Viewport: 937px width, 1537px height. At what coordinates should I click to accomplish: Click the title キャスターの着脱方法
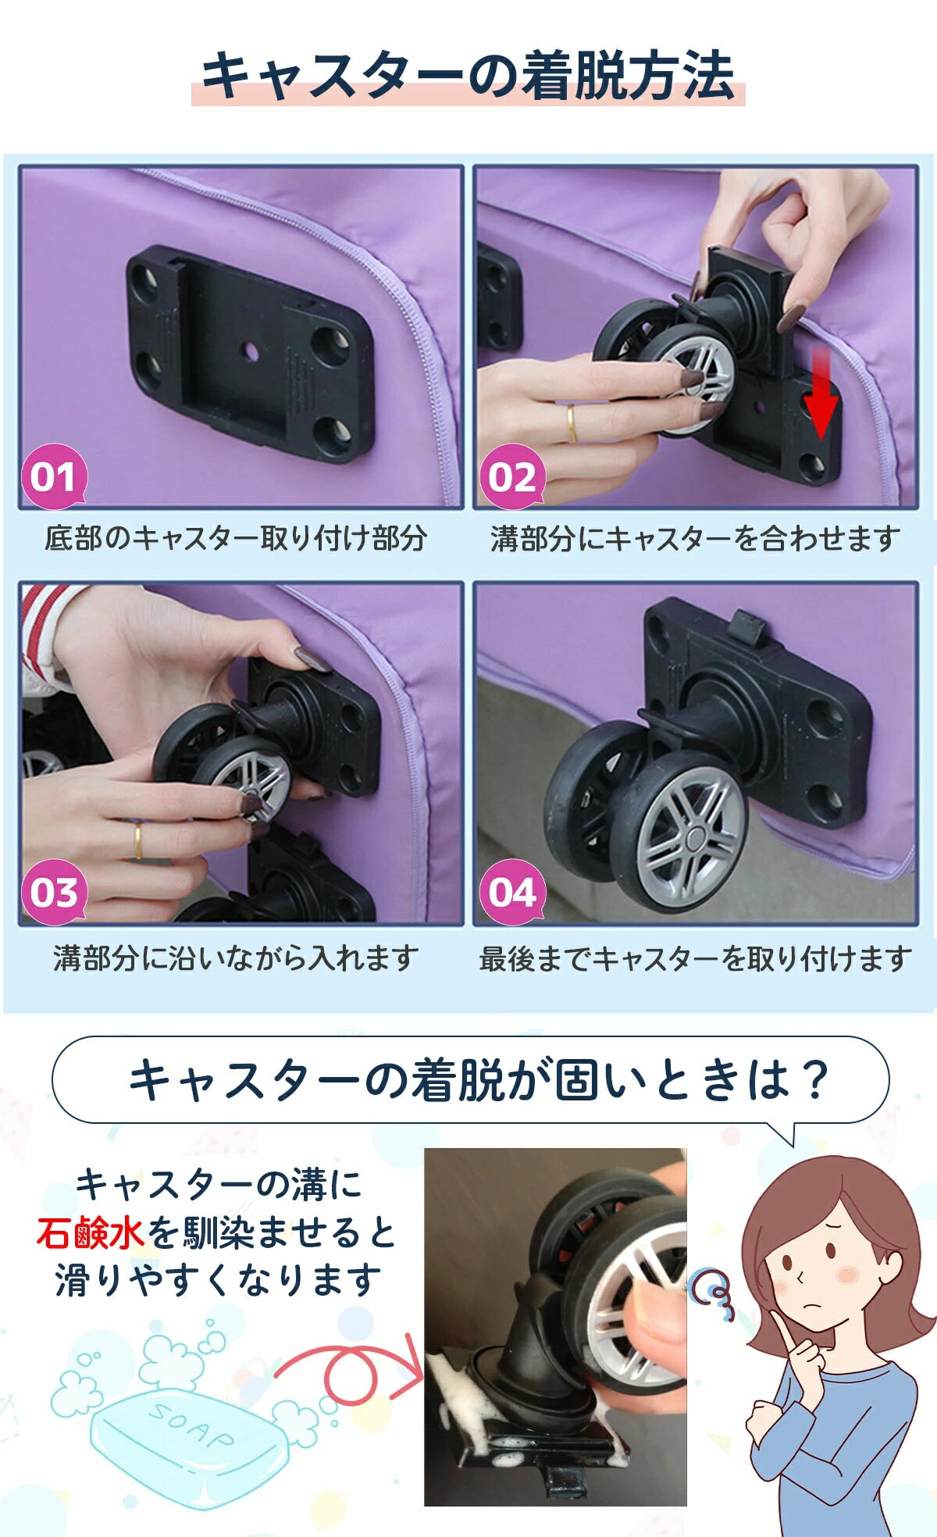click(x=468, y=76)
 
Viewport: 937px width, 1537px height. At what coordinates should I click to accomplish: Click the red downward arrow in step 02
click(x=821, y=394)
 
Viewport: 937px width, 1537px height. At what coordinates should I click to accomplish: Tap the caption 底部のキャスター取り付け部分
click(x=235, y=538)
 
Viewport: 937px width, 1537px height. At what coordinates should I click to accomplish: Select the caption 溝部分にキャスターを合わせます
click(x=695, y=538)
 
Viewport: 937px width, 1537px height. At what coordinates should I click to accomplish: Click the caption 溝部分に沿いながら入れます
click(x=236, y=958)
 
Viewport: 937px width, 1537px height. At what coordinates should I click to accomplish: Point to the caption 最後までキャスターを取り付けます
click(x=695, y=958)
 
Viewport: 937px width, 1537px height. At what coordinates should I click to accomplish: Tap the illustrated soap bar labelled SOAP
click(x=186, y=1436)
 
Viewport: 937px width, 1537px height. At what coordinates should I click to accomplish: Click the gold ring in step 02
click(x=572, y=423)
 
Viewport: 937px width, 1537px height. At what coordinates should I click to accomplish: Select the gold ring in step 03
click(x=138, y=840)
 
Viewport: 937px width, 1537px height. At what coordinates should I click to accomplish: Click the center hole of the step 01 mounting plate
click(x=251, y=352)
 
